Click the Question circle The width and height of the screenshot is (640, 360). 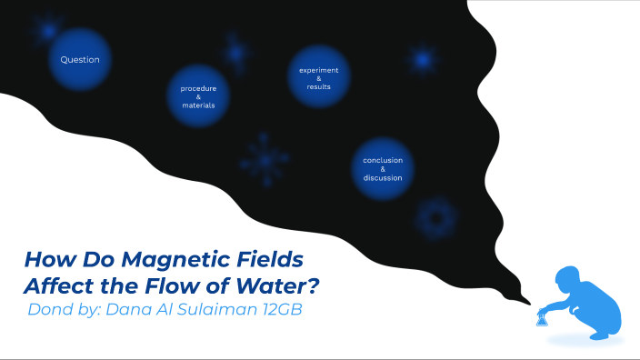80,60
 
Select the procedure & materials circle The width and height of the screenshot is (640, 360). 198,97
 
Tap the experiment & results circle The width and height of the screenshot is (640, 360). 319,77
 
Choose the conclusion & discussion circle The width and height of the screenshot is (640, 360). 383,168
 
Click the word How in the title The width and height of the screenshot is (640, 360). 45,259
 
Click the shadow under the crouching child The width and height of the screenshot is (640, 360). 582,339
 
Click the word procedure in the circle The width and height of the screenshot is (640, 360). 198,88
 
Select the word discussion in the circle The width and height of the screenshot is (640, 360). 383,177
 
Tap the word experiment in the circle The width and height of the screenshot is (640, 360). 319,69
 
